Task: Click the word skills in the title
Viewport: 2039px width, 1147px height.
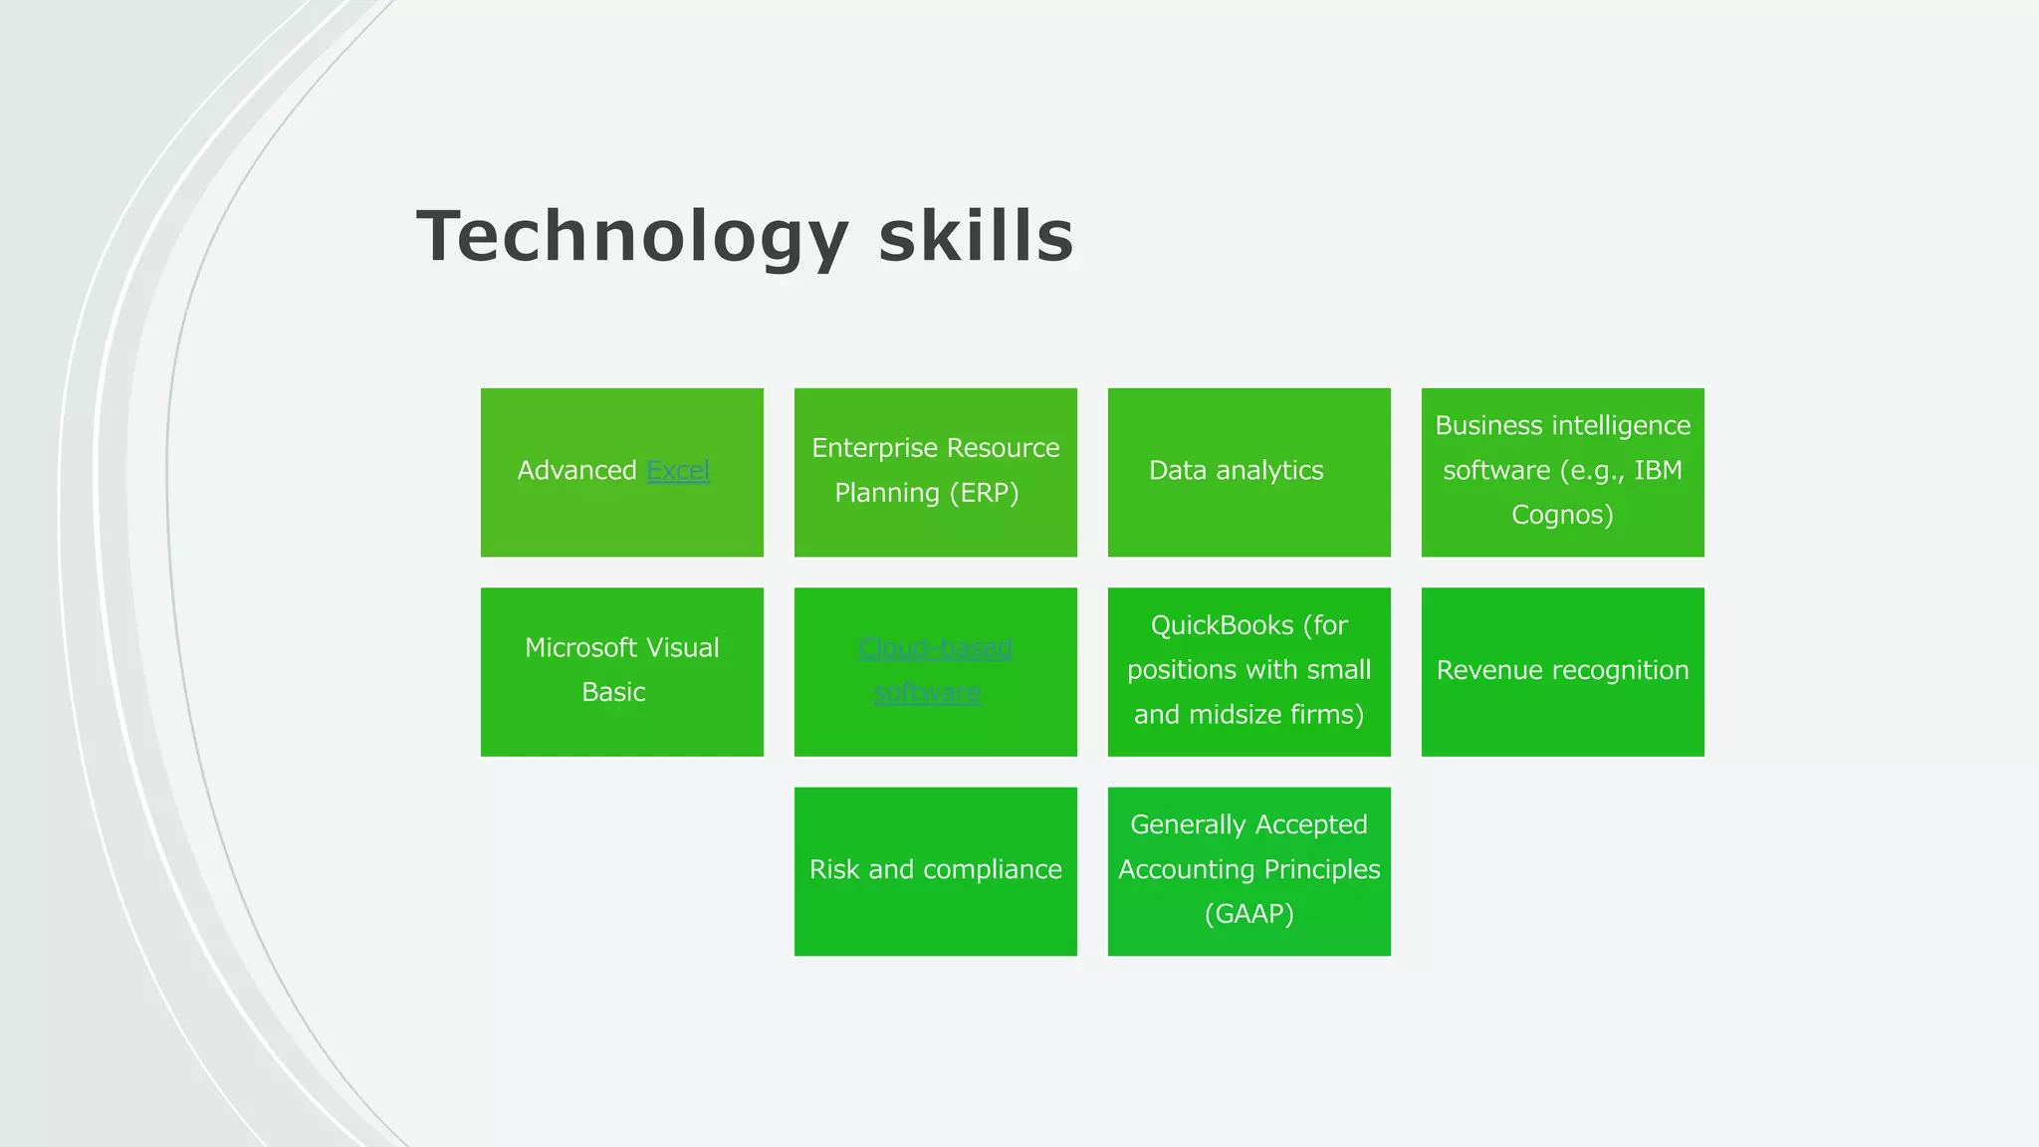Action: point(976,237)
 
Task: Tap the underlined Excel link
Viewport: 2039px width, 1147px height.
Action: point(678,470)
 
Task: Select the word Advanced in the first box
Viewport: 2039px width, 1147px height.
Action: point(576,470)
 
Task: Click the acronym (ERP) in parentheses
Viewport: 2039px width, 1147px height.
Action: point(984,493)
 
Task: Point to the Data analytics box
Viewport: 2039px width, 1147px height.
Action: point(1248,472)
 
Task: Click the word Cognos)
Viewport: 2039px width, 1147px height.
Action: point(1562,515)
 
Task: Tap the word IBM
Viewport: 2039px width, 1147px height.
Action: point(1658,470)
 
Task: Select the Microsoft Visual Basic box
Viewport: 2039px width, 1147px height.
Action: point(621,671)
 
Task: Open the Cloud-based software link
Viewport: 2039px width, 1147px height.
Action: point(935,649)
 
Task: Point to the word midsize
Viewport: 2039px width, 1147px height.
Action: point(1233,715)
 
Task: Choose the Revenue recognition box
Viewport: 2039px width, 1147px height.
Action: point(1562,671)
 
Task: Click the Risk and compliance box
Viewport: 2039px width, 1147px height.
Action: point(935,870)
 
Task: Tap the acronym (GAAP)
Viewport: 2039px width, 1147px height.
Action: point(1248,914)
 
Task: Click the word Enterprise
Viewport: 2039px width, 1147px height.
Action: point(868,448)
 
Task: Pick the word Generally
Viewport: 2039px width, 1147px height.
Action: point(1188,824)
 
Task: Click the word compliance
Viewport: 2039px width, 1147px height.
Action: point(992,869)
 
